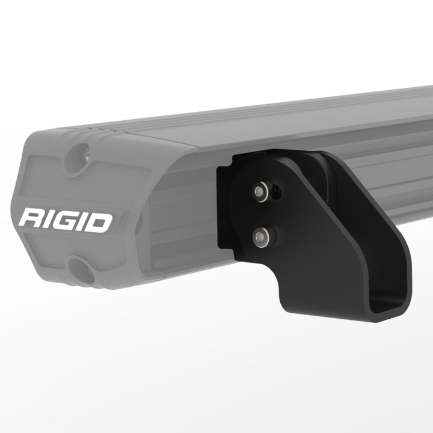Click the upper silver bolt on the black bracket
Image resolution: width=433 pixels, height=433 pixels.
click(259, 192)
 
